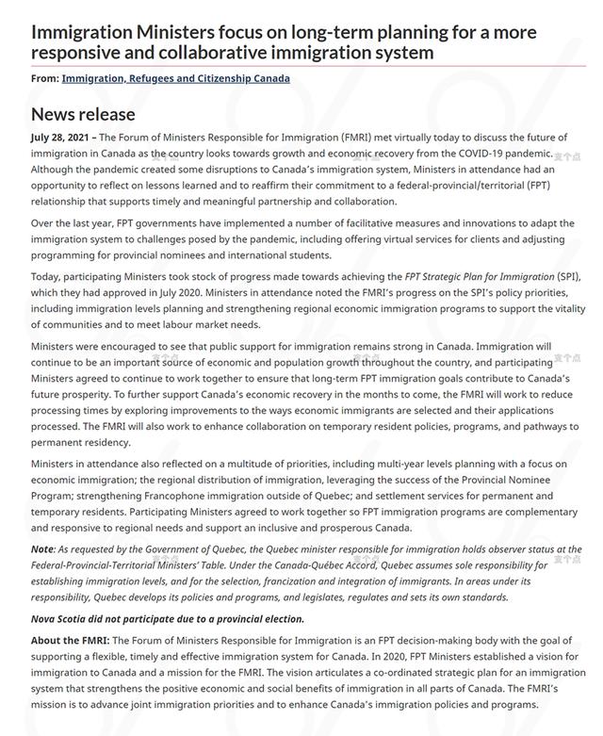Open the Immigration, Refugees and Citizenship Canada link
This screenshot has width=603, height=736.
click(175, 78)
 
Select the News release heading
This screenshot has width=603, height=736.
click(83, 114)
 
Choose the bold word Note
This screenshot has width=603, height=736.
click(42, 549)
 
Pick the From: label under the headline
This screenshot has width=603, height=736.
click(44, 78)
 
